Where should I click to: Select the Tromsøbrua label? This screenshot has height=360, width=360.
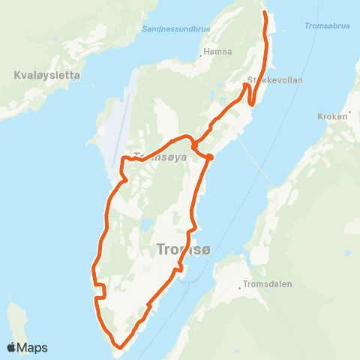click(328, 26)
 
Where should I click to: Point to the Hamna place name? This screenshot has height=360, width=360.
click(220, 52)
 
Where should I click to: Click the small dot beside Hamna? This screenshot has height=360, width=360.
click(202, 53)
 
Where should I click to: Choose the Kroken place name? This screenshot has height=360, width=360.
click(332, 117)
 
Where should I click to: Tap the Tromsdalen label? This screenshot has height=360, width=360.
click(268, 284)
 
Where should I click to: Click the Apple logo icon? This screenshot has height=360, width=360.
click(13, 347)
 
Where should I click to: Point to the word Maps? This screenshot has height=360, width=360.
click(34, 347)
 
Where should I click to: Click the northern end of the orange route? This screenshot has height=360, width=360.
click(264, 13)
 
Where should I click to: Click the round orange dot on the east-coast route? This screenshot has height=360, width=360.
click(210, 157)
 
